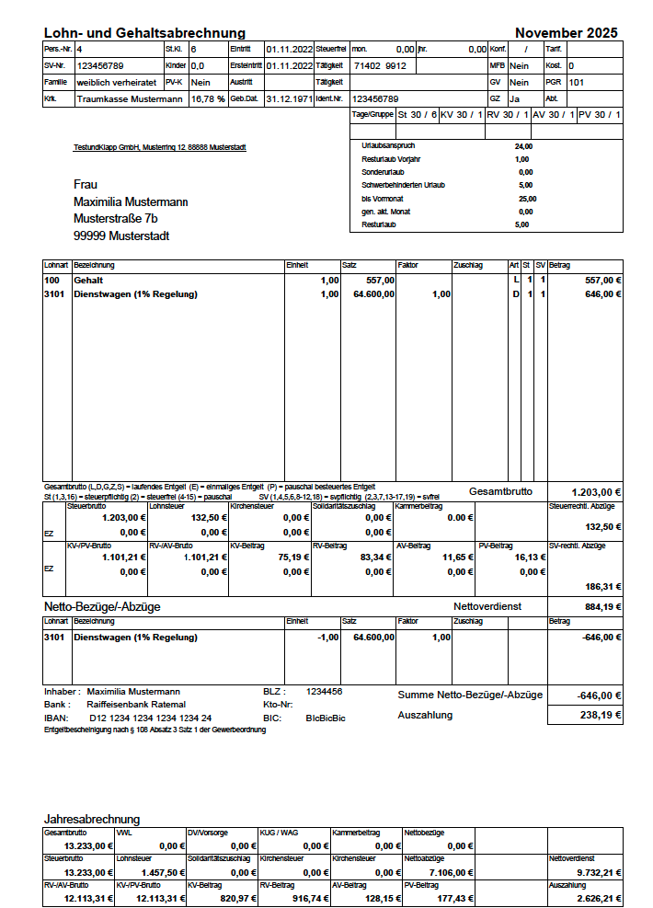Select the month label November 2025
566,33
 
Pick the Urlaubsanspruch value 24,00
523,145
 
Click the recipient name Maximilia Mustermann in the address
131,201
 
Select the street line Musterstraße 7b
115,218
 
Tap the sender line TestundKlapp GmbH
159,147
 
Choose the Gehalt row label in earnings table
88,280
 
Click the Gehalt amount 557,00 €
603,280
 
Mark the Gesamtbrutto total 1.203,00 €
596,492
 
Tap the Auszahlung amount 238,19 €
603,715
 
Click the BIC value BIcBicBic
326,717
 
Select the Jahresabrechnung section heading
92,819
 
